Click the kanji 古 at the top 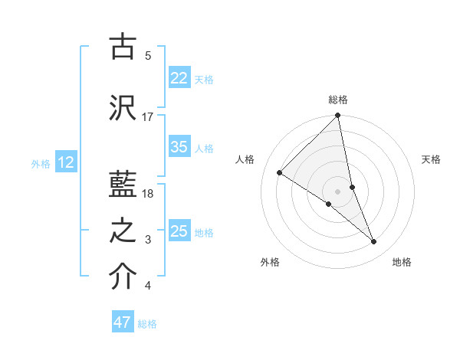[x=123, y=47]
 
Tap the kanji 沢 [x=123, y=108]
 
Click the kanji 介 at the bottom [x=123, y=279]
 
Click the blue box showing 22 [x=179, y=78]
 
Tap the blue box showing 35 [x=179, y=147]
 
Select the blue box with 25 [x=179, y=231]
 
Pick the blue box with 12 [x=66, y=162]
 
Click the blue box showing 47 [x=123, y=322]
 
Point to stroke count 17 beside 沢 [x=148, y=116]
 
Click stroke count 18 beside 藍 [x=148, y=193]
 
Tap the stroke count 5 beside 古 [x=148, y=55]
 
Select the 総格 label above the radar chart [x=338, y=100]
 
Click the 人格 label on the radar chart [x=245, y=159]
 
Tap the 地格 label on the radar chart [x=402, y=262]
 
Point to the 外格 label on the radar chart [x=270, y=262]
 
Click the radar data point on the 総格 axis [x=338, y=116]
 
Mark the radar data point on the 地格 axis [x=374, y=242]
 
